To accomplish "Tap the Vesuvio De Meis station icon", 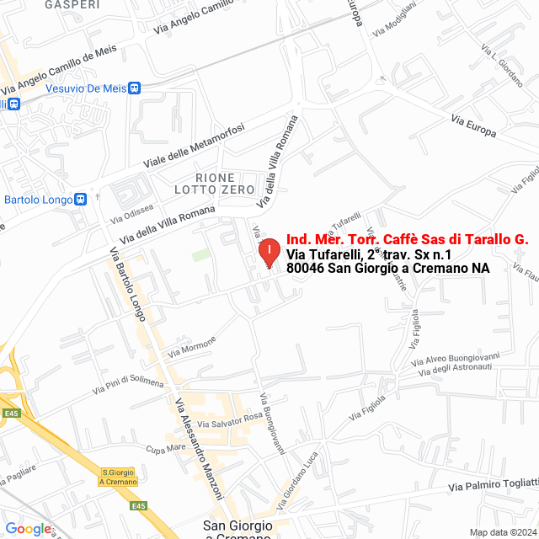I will tap(136, 88).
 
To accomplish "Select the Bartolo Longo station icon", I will tap(81, 200).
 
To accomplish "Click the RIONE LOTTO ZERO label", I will tap(225, 184).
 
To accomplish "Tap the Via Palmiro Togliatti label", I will tap(494, 484).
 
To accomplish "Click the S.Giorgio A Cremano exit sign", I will tap(118, 477).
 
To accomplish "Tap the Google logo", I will tap(28, 529).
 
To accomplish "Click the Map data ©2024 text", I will tap(502, 532).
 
